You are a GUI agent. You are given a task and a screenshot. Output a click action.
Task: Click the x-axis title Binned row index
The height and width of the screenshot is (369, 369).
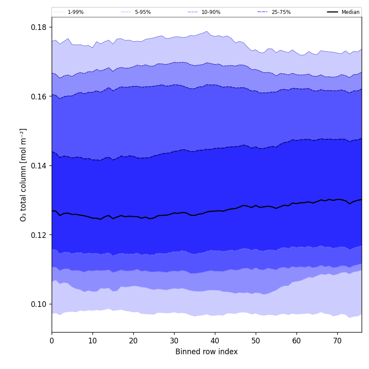pos(207,352)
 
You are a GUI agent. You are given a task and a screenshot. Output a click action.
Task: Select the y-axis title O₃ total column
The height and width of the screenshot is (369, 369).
pos(23,175)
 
